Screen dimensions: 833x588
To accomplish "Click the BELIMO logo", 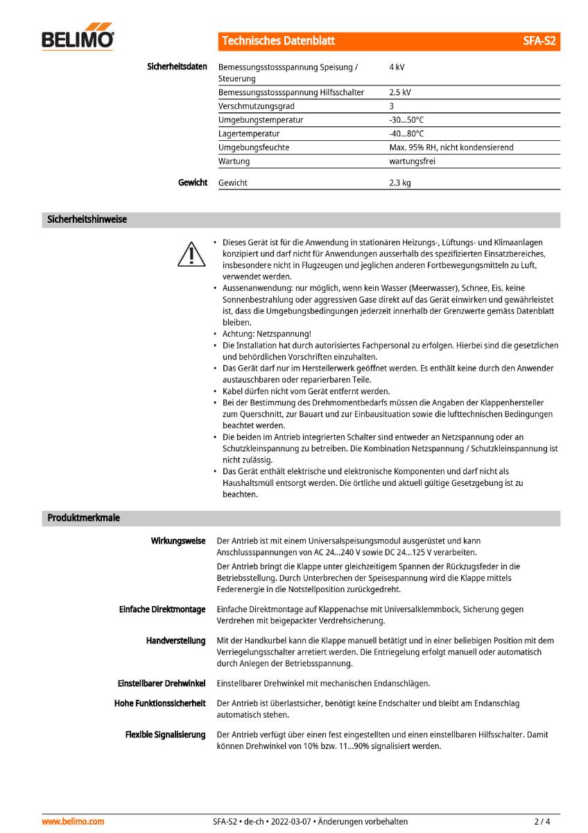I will click(78, 39).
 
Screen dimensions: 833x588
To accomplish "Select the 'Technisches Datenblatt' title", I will click(278, 41).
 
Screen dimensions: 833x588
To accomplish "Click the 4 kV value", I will click(397, 67).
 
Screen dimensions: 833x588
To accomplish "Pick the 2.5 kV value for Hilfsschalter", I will click(400, 92).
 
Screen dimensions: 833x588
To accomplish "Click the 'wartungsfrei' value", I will click(413, 161).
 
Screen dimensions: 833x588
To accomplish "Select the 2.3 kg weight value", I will click(400, 183).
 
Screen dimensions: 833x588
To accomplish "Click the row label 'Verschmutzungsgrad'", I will click(257, 106).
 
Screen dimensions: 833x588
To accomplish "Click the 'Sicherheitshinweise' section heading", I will click(87, 220).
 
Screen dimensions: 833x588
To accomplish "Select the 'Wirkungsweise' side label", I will click(178, 541).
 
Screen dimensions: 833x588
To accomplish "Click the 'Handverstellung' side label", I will click(175, 640).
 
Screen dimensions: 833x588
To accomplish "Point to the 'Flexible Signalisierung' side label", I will click(165, 734).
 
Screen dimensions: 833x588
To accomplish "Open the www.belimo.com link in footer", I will click(73, 821).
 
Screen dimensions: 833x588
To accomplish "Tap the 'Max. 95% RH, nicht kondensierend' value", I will click(451, 147).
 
